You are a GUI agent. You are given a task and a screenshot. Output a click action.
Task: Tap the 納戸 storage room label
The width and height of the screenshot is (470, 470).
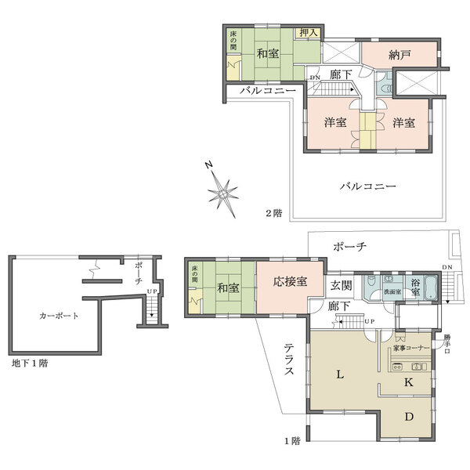point(399,56)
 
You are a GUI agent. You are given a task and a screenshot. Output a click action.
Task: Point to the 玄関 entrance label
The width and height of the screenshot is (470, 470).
point(341,284)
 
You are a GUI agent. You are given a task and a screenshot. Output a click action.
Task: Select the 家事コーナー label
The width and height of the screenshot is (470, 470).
point(409,346)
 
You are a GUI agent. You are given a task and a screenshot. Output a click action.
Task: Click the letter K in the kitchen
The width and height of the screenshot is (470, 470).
point(408,382)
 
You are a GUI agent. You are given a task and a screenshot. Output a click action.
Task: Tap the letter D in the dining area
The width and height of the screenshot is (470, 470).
point(408,418)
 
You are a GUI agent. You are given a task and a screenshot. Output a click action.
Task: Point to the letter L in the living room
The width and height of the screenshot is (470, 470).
point(341,375)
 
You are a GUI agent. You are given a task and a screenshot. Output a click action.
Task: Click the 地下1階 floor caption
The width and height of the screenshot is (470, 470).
point(30,364)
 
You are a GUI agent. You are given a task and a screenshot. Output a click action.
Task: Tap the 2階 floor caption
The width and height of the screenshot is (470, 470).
point(273,213)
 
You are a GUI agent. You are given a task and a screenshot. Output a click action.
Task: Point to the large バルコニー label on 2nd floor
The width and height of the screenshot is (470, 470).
point(367,186)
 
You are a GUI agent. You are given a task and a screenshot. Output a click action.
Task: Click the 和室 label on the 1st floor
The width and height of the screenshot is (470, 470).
point(228,287)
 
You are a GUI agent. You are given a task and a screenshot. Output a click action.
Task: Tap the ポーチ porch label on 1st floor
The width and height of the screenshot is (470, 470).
point(349,246)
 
